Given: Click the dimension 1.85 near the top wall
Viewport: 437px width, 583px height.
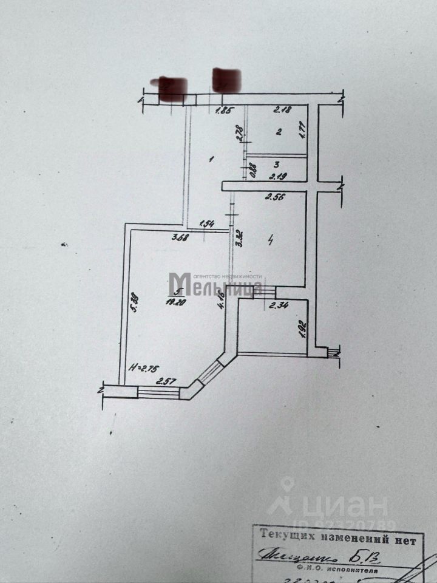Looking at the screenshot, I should tap(224, 110).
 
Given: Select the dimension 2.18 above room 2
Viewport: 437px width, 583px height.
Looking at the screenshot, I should tap(282, 110).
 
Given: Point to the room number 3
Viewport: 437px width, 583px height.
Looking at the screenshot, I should tap(276, 164).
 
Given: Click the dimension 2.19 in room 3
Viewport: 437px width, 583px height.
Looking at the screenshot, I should tap(277, 177).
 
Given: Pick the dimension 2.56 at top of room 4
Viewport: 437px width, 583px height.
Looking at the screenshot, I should tap(274, 196).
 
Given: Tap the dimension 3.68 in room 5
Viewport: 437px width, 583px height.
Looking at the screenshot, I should tap(179, 237).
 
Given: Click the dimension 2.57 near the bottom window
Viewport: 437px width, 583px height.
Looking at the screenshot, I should tap(166, 381).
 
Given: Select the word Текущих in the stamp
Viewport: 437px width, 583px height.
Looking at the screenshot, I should tap(286, 536).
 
